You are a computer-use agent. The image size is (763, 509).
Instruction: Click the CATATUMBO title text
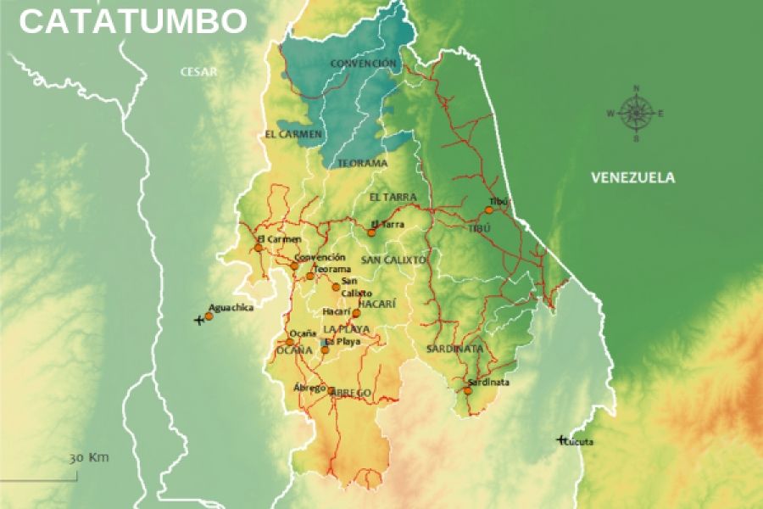(x=133, y=21)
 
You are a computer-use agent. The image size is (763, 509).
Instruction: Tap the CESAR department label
(x=198, y=72)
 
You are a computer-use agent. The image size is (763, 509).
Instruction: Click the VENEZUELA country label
(x=632, y=177)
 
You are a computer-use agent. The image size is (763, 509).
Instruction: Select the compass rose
(x=635, y=113)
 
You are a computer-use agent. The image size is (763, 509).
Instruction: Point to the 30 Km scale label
(x=89, y=457)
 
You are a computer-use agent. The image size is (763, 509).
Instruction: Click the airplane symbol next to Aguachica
(x=199, y=320)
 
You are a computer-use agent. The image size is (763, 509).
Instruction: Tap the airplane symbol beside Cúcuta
(x=560, y=439)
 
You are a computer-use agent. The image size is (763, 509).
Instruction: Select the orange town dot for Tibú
(x=489, y=210)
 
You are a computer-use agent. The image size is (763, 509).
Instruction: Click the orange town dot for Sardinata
(x=467, y=390)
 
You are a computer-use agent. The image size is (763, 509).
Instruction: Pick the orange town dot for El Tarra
(x=371, y=232)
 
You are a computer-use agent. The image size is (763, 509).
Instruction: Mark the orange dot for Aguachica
(x=209, y=316)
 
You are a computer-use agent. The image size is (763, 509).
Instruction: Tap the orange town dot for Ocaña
(x=290, y=342)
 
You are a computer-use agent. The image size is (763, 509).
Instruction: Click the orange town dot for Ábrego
(x=331, y=391)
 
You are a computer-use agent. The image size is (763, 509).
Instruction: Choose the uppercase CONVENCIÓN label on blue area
(x=363, y=64)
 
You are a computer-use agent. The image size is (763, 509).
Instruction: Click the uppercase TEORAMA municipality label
(x=362, y=163)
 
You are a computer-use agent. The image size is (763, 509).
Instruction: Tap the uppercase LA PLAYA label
(x=346, y=328)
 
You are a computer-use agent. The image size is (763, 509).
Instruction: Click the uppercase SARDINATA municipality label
(x=454, y=349)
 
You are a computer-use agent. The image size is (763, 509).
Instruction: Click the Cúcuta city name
(x=579, y=442)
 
